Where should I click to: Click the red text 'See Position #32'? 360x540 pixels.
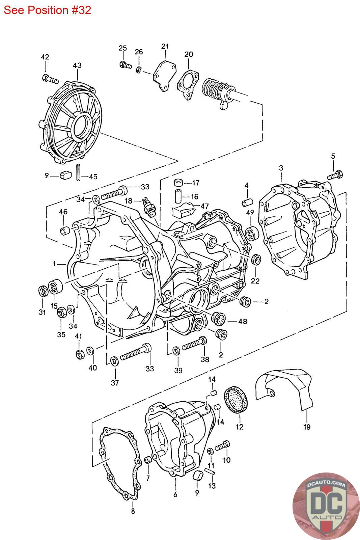47,10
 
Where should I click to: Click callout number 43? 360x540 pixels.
77,65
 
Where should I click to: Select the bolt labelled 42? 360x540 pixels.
50,80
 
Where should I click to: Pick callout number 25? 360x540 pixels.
122,48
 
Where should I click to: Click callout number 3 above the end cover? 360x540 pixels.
281,168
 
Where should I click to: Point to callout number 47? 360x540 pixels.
204,206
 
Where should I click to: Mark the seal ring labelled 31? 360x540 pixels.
42,291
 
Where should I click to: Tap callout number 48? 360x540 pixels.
242,321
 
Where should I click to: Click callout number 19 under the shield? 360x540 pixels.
306,427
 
